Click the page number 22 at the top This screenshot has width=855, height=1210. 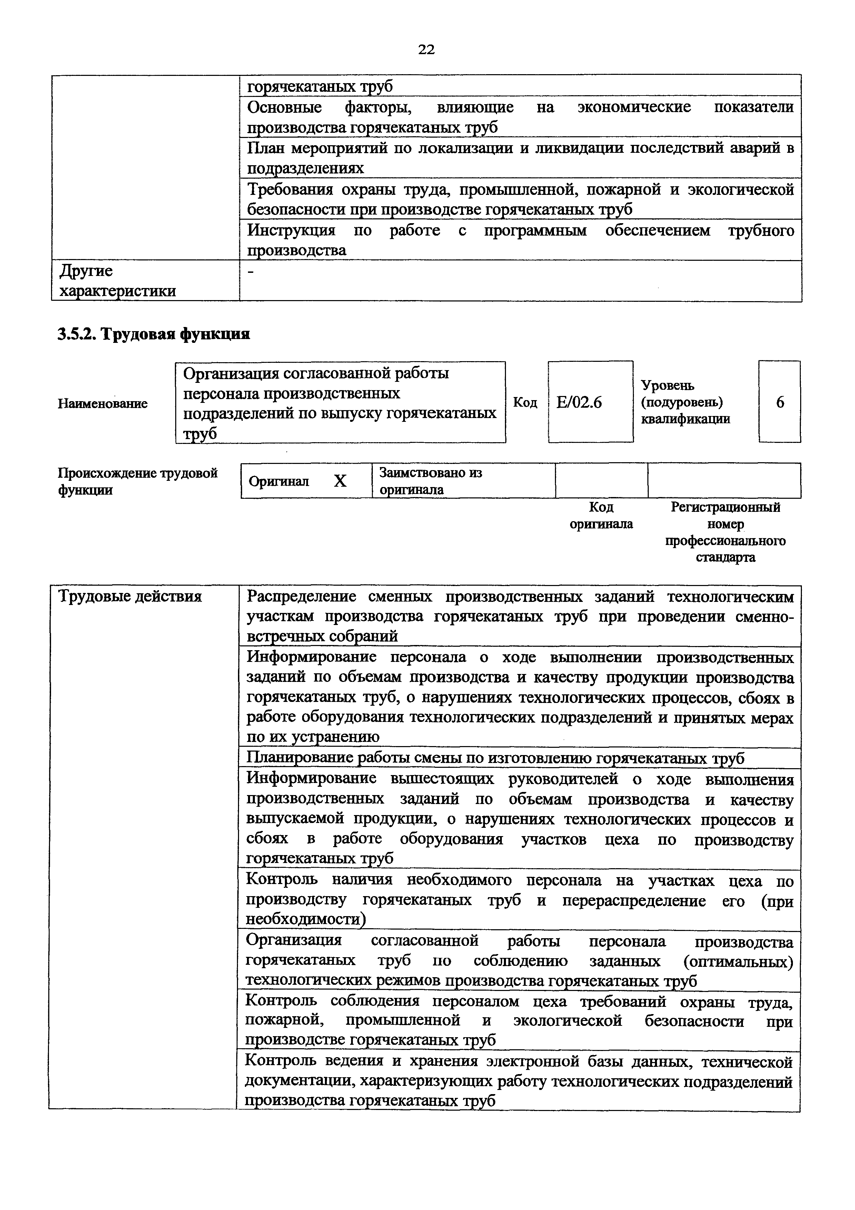pyautogui.click(x=426, y=50)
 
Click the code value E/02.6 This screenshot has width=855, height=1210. pyautogui.click(x=579, y=403)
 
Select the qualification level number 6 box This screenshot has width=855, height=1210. pyautogui.click(x=780, y=402)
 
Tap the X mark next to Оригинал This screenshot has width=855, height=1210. pyautogui.click(x=340, y=480)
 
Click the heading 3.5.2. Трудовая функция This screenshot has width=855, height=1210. pyautogui.click(x=153, y=334)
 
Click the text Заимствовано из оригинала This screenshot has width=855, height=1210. pyautogui.click(x=430, y=480)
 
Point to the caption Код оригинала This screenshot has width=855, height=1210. pyautogui.click(x=601, y=515)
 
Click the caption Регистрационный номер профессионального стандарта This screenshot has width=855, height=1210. pyautogui.click(x=725, y=532)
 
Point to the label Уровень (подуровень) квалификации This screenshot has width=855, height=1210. pyautogui.click(x=685, y=402)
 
